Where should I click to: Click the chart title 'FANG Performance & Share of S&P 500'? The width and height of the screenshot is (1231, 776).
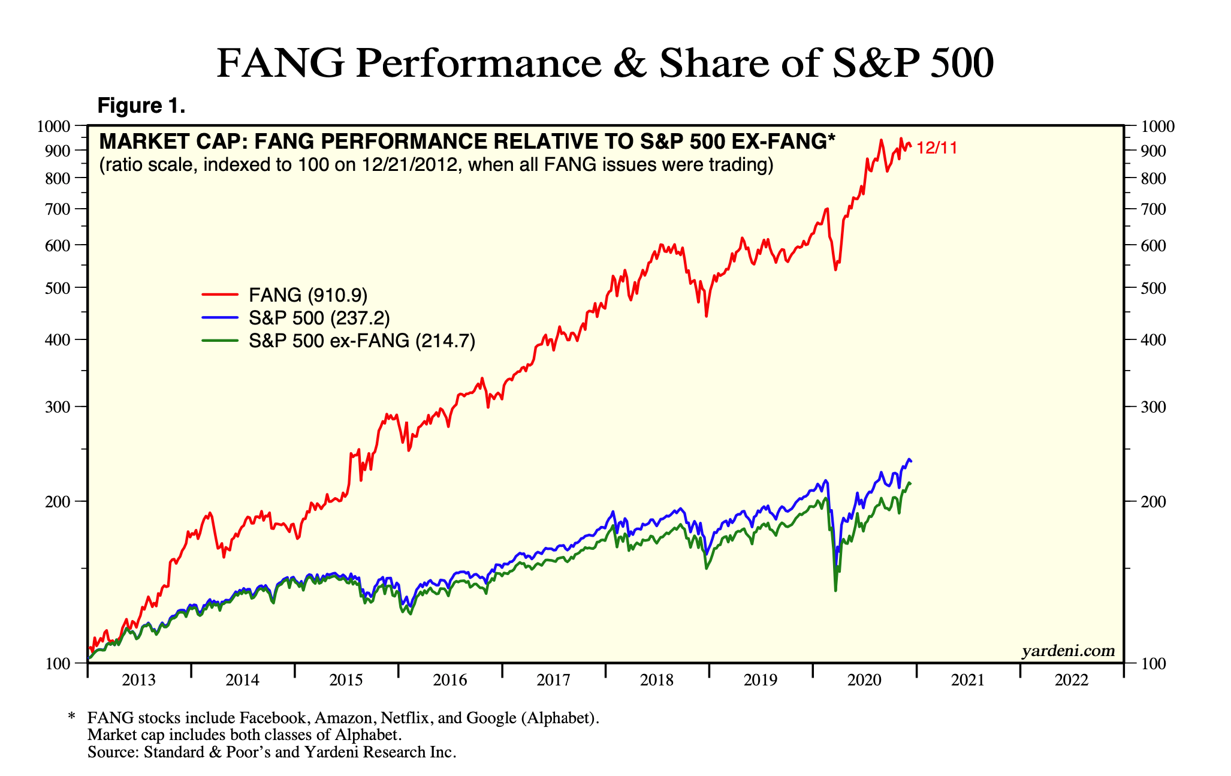605,64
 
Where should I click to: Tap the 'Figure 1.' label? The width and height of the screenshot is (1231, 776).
141,106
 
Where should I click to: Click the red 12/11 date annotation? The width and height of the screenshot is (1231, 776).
937,148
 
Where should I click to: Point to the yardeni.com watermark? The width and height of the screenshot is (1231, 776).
1068,651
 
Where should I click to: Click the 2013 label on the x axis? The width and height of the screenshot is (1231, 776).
138,680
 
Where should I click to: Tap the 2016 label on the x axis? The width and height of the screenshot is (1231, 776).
449,680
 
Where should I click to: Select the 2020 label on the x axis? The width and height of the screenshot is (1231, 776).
864,680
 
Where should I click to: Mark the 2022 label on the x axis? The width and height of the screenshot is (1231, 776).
1072,680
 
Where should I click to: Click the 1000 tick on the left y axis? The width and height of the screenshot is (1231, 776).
53,126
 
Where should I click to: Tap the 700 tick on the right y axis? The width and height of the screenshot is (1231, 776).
1144,209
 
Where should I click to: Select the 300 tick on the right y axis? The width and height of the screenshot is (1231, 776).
1144,407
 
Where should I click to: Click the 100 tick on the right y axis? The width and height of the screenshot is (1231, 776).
1144,663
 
